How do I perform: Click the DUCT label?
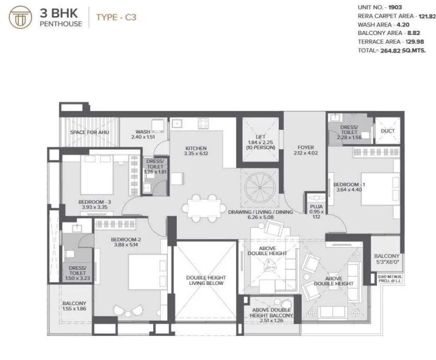388,131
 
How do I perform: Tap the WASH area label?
143,132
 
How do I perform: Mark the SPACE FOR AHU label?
89,133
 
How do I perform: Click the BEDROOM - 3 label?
93,201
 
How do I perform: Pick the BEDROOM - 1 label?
347,185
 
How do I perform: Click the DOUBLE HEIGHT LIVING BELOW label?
206,280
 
